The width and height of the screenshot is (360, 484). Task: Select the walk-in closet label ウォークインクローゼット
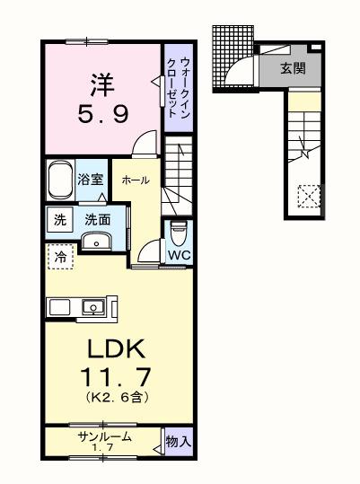tap(178, 86)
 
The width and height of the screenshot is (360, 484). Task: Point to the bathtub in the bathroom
tap(59, 180)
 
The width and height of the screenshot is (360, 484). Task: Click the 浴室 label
tap(90, 179)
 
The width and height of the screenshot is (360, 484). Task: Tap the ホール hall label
tap(136, 180)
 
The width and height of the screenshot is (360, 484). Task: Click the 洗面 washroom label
tap(97, 219)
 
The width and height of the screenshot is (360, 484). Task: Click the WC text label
tap(179, 254)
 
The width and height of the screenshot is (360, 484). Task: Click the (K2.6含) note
tap(117, 396)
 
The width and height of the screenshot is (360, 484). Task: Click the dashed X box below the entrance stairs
tap(310, 196)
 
